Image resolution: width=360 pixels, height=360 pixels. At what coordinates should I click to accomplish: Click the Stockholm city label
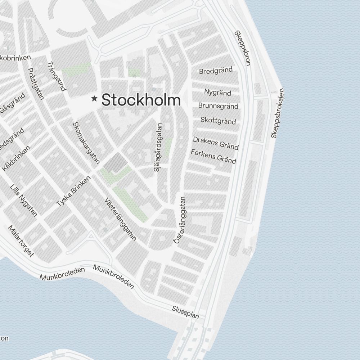point(141,100)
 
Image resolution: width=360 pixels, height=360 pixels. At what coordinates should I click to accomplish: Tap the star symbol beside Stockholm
point(94,98)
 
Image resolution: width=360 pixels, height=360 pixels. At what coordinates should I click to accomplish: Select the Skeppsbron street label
point(242,48)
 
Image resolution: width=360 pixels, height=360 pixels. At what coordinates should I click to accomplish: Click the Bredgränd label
point(216,71)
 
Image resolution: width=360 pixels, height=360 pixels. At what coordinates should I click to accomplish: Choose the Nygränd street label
point(217,93)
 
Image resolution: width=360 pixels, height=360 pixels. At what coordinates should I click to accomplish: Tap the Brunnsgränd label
point(218,106)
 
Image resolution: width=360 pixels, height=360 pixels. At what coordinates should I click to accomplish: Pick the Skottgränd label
point(218,120)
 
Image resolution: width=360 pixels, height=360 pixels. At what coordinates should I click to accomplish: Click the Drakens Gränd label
point(216,143)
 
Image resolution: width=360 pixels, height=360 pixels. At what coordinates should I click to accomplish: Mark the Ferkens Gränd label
point(213,156)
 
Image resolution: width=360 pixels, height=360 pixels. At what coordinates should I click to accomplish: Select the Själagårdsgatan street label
point(158,147)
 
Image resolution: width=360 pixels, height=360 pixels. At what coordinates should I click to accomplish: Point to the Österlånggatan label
point(179,220)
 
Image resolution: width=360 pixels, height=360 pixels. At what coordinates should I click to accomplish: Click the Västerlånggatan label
point(120,219)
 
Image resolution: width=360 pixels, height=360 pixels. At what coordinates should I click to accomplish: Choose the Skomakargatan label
point(86,143)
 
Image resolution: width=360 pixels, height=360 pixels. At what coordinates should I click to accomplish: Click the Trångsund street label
point(57,76)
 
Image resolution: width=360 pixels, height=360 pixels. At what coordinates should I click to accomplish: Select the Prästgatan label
point(36,84)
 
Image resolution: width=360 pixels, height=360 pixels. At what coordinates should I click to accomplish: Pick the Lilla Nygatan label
point(24,201)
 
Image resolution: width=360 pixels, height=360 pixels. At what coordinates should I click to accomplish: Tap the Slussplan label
point(185,312)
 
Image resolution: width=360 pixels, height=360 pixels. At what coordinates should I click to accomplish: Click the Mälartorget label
point(21,241)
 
